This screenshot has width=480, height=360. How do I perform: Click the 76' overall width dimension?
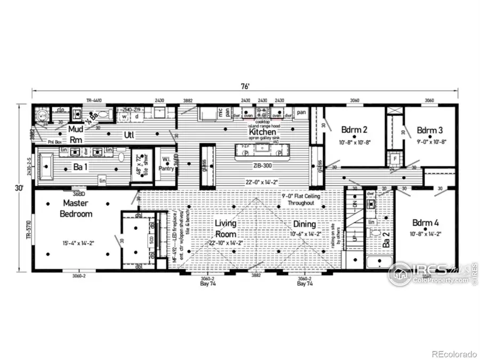(245, 85)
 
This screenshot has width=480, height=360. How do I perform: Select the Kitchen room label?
(262, 131)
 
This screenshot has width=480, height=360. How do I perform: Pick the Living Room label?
(226, 228)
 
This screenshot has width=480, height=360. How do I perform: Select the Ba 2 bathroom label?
(386, 243)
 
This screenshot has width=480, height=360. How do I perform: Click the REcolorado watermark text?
(454, 354)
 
